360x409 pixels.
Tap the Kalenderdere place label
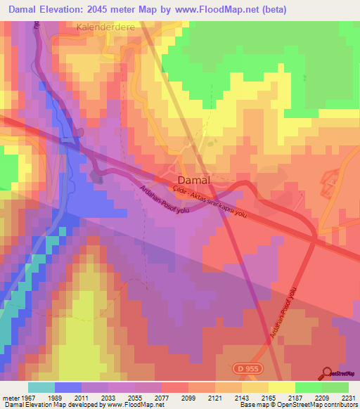[105, 27]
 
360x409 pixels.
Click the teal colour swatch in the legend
[41, 387]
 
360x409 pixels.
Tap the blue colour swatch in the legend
[67, 387]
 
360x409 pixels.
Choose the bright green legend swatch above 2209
[308, 387]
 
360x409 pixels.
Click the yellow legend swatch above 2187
[281, 387]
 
